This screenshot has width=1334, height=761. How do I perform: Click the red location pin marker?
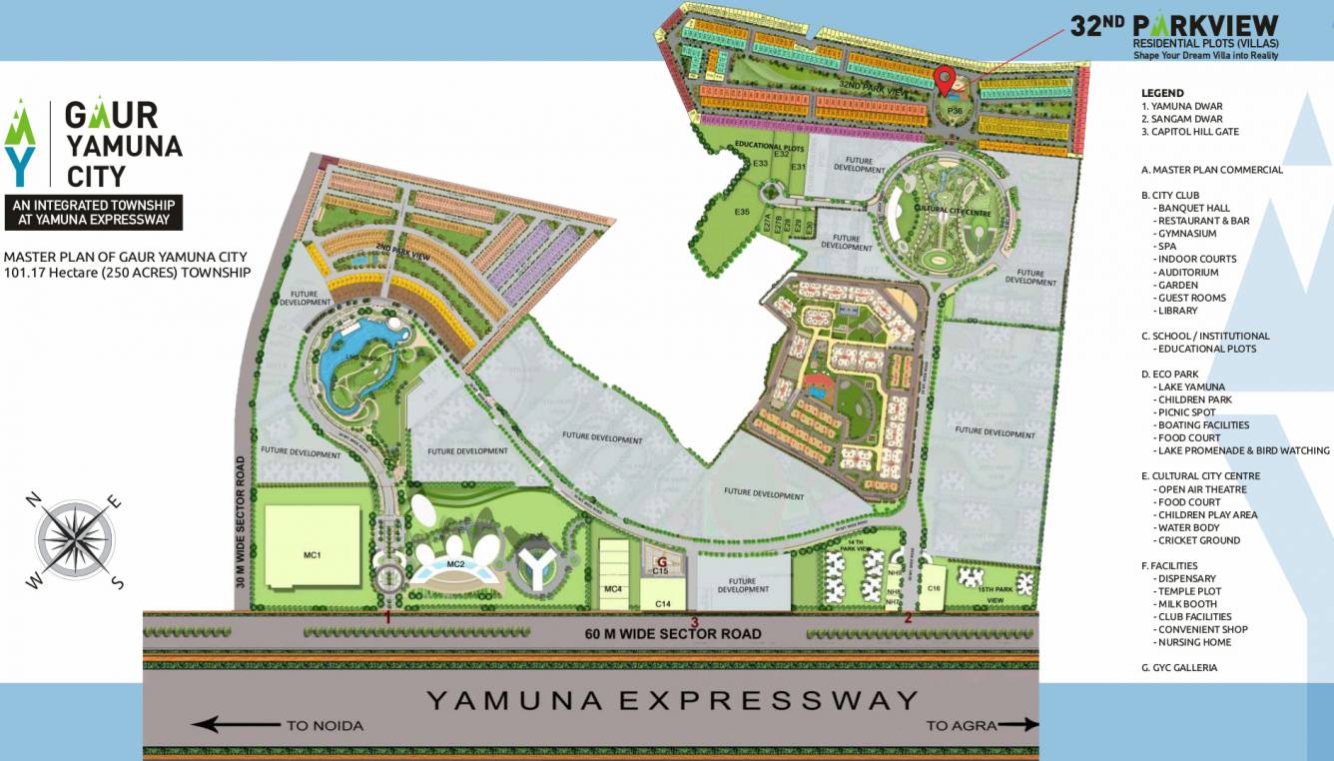[x=945, y=78]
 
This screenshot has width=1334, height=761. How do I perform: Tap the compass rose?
[x=78, y=539]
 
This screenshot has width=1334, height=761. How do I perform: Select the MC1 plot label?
[x=313, y=554]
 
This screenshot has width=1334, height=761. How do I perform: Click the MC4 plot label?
[x=613, y=589]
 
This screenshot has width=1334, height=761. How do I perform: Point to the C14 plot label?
[x=663, y=604]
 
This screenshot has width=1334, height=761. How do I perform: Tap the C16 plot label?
[x=934, y=588]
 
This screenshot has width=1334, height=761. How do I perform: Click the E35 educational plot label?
[x=742, y=212]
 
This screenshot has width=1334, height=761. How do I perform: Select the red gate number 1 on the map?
[x=387, y=618]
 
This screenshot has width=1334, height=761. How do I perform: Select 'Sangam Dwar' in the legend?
[x=1182, y=119]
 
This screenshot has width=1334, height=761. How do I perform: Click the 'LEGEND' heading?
[x=1162, y=93]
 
